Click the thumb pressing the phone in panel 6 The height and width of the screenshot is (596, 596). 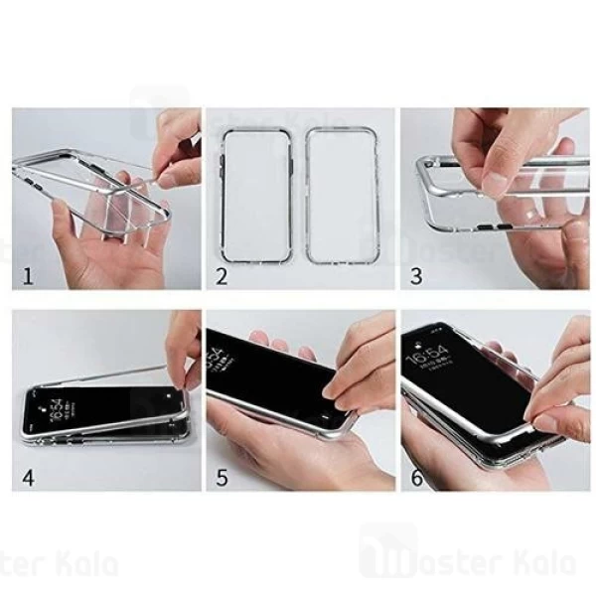click(x=556, y=417)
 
